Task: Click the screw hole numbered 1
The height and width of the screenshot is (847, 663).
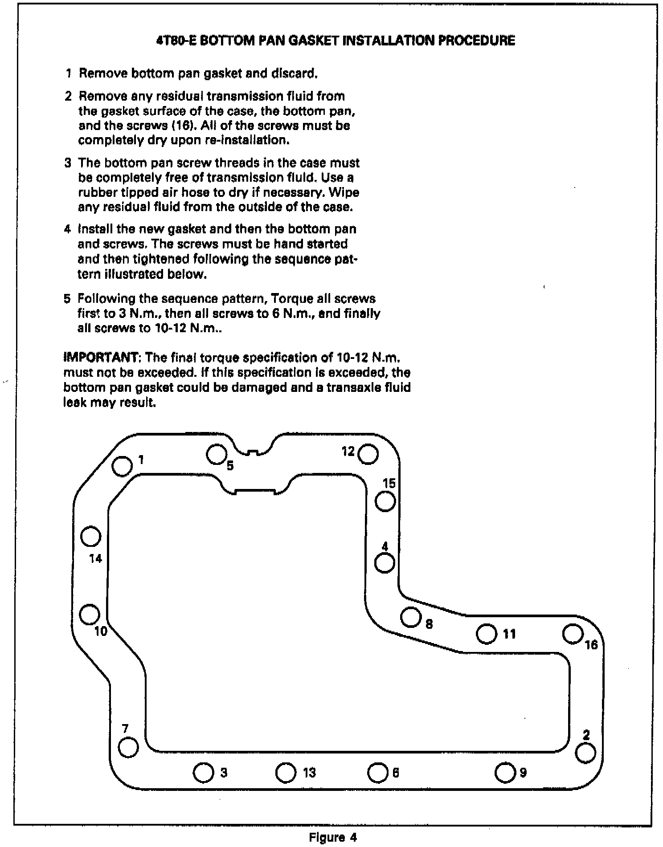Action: pyautogui.click(x=122, y=466)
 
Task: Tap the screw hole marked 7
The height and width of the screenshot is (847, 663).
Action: pyautogui.click(x=129, y=747)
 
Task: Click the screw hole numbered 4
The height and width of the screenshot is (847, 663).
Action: pyautogui.click(x=385, y=563)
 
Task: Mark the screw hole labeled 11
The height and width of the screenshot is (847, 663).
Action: pyautogui.click(x=487, y=634)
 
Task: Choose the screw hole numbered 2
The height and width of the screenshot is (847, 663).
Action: pyautogui.click(x=585, y=753)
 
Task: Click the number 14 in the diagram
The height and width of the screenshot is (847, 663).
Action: pyautogui.click(x=95, y=558)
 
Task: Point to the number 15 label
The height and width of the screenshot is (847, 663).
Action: pyautogui.click(x=389, y=483)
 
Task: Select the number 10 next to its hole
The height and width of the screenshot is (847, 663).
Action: pyautogui.click(x=101, y=631)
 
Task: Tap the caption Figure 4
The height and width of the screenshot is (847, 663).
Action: pyautogui.click(x=333, y=837)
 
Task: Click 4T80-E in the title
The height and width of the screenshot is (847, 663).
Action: pyautogui.click(x=175, y=41)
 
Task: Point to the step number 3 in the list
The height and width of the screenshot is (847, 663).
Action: pyautogui.click(x=68, y=163)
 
